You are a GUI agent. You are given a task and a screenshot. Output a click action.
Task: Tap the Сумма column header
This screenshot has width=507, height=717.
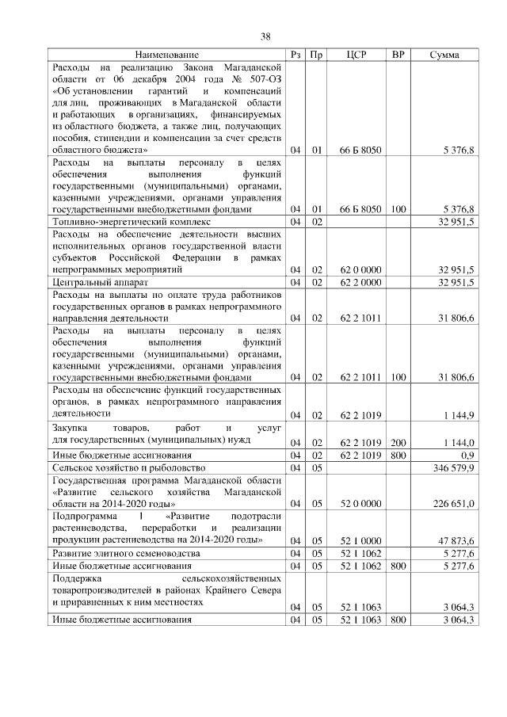coord(443,55)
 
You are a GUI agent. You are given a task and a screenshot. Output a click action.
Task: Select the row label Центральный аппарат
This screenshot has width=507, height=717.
coord(99,281)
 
